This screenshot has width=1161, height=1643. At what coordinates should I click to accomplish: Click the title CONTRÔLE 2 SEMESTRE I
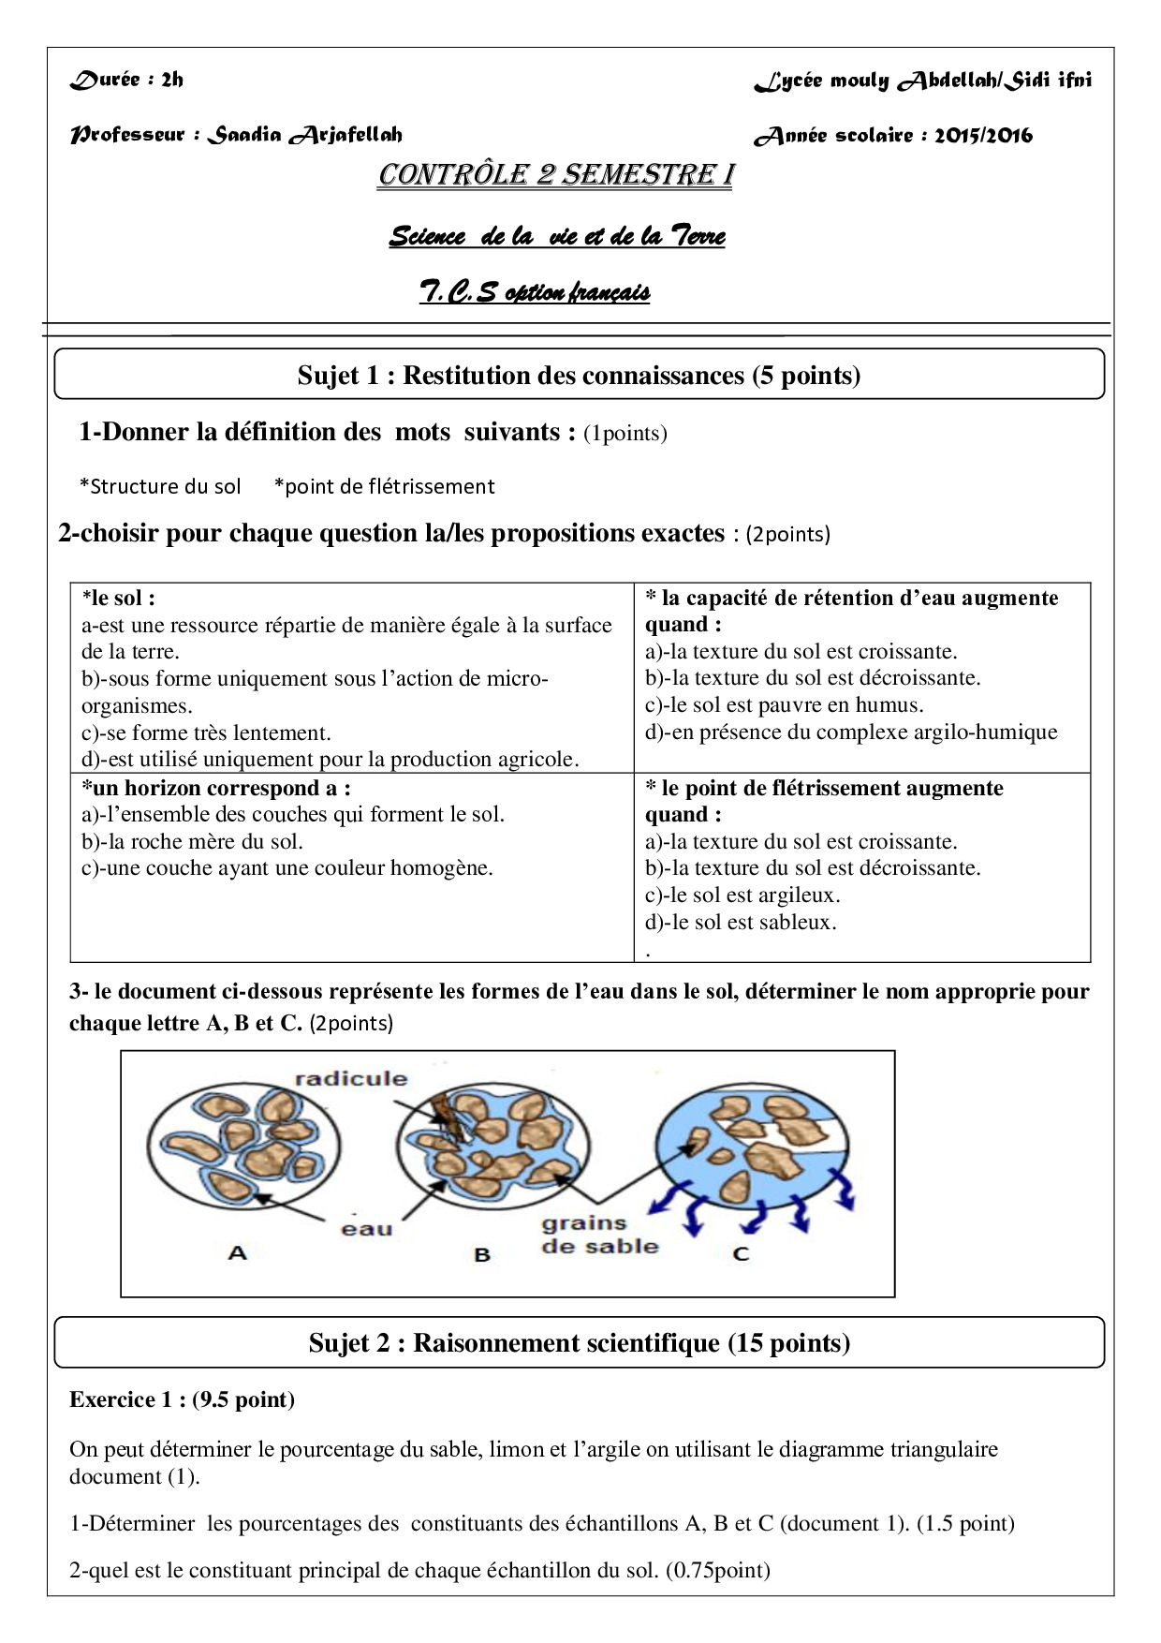tap(555, 176)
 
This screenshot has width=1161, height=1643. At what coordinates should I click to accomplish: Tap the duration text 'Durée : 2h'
tap(127, 80)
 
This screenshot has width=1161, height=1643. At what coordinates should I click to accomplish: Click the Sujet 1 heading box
tap(579, 376)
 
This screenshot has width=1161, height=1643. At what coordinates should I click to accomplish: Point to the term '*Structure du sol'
tap(160, 486)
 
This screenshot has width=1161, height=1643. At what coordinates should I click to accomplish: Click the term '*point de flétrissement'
tap(385, 486)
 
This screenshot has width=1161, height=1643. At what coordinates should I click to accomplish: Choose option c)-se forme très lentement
tap(206, 733)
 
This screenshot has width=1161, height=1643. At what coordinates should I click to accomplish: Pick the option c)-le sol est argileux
tap(742, 895)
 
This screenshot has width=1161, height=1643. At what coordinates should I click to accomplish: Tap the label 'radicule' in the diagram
tap(351, 1078)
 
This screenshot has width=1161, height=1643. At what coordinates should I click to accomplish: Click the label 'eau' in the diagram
tap(367, 1229)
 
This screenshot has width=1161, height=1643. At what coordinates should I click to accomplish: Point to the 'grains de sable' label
tap(599, 1235)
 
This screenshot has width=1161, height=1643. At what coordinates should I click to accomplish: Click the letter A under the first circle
tap(237, 1252)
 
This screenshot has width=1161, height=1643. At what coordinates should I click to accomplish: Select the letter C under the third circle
tap(741, 1253)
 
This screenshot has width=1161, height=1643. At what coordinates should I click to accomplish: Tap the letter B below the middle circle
tap(482, 1254)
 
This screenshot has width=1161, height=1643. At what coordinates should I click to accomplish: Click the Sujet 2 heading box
tap(579, 1343)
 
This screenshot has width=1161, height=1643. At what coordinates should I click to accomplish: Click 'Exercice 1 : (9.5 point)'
tap(182, 1399)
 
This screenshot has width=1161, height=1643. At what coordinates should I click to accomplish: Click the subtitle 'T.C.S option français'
tap(535, 293)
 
